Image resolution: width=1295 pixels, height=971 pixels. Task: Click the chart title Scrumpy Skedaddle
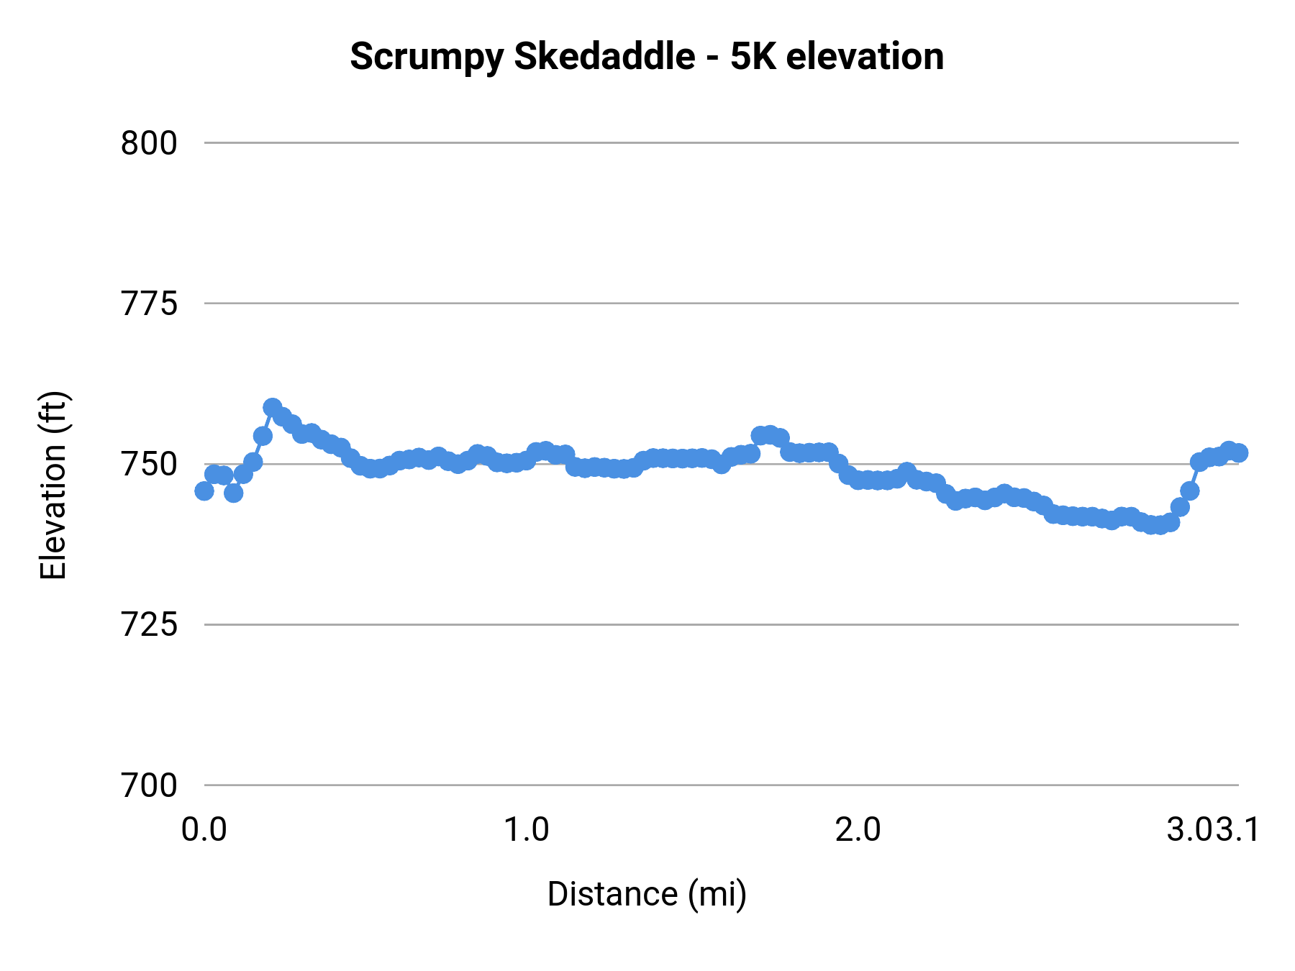pos(522,57)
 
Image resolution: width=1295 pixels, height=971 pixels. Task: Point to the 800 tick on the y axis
pos(149,143)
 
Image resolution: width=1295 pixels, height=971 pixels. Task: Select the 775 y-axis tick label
pos(149,304)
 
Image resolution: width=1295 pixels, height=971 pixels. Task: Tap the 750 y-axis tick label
pos(149,465)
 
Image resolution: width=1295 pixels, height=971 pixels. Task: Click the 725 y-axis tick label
pos(149,625)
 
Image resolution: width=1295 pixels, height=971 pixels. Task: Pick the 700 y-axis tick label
pos(149,785)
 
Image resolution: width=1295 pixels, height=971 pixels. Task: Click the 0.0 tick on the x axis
pos(204,830)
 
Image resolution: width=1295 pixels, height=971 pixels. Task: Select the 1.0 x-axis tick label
pos(526,830)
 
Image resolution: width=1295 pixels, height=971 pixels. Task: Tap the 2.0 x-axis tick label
pos(858,830)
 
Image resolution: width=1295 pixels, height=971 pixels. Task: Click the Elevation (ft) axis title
pos(53,485)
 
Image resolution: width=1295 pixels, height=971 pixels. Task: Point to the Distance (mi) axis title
pos(647,894)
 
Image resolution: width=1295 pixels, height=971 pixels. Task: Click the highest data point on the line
pos(273,408)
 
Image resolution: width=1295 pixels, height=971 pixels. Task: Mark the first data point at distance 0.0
pos(204,491)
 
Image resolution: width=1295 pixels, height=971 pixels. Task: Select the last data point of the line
pos(1239,452)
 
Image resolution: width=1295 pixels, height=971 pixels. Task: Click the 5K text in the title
pos(753,57)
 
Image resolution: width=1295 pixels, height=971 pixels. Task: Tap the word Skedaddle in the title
pos(604,57)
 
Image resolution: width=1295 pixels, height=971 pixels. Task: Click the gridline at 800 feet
pos(719,143)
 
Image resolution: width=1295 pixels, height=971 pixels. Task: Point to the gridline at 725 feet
pos(719,624)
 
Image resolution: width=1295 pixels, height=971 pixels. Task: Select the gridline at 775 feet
pos(719,304)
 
